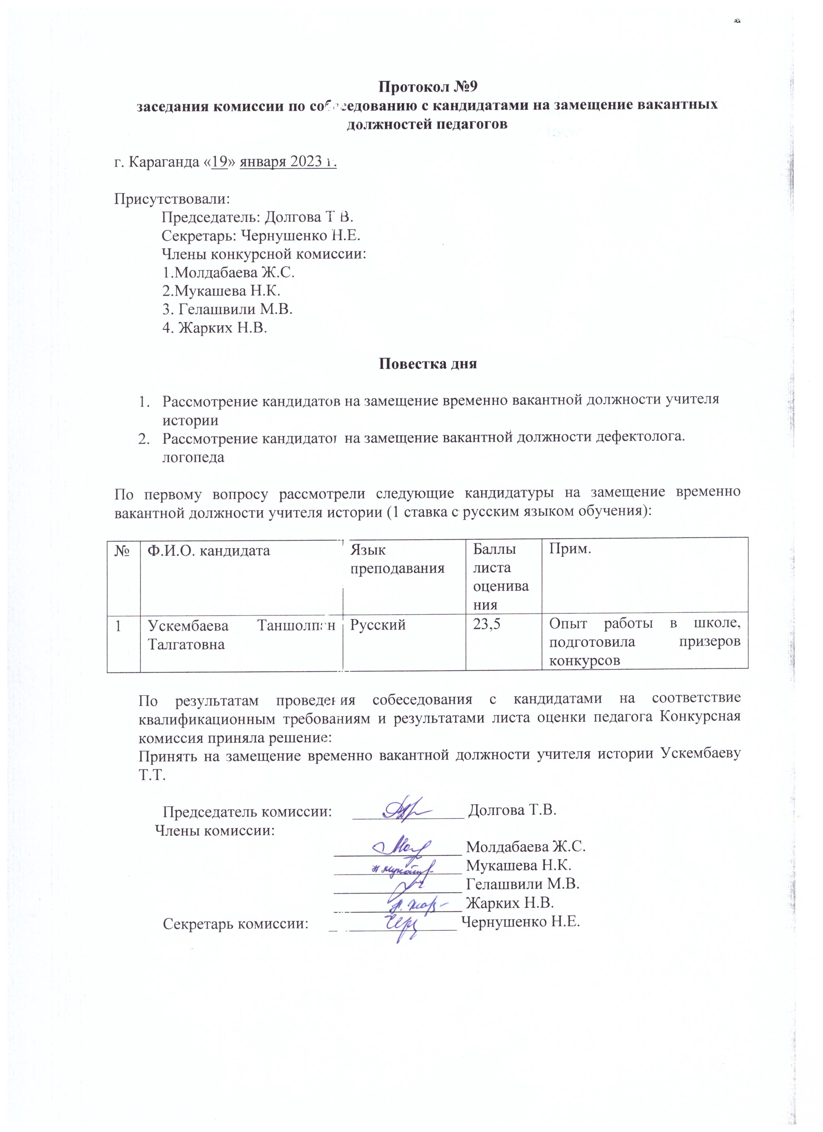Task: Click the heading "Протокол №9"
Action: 427,86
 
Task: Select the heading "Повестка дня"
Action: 428,363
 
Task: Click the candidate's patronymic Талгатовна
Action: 186,644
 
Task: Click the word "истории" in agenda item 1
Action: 190,420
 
